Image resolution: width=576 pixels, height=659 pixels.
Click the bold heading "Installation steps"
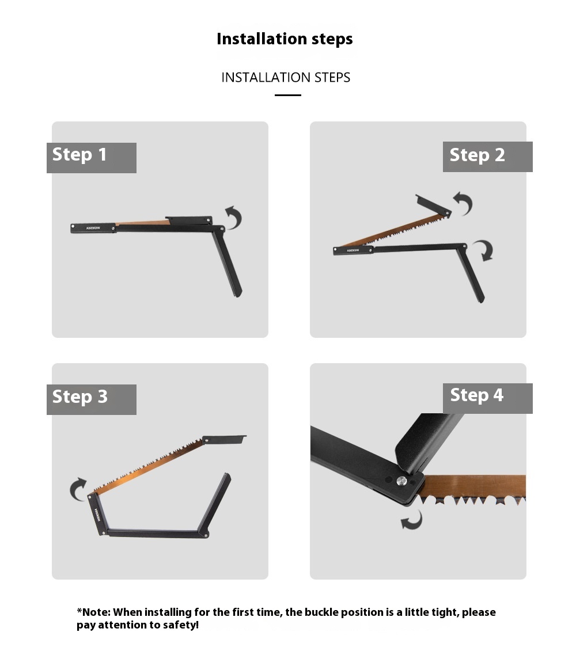pos(285,39)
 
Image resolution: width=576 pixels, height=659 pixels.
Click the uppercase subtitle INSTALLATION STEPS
pos(286,77)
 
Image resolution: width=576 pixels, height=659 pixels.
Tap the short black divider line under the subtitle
pos(288,96)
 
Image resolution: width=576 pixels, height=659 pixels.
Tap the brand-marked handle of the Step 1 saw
pos(93,228)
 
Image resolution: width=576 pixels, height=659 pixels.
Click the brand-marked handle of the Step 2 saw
pos(354,251)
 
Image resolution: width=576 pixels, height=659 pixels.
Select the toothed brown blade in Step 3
pos(147,467)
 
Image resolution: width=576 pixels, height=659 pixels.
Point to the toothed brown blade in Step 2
pos(393,230)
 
